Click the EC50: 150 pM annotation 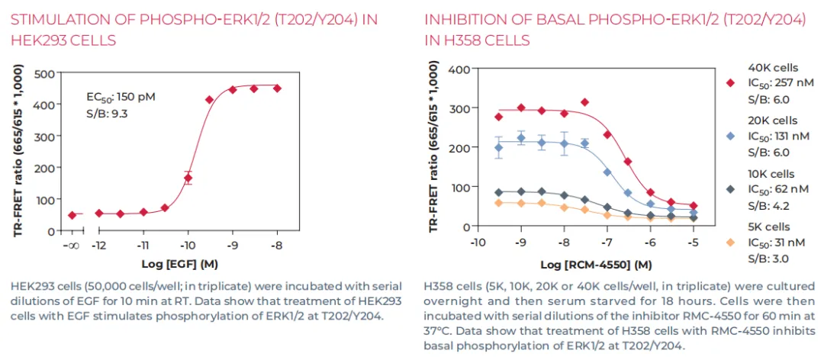click(121, 98)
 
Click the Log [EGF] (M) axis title click(176, 264)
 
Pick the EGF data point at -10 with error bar click(188, 178)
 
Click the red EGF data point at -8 click(277, 88)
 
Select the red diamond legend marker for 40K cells click(730, 83)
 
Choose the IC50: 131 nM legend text click(781, 136)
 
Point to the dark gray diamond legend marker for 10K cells click(730, 189)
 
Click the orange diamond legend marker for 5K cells click(730, 243)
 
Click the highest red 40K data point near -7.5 click(585, 102)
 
